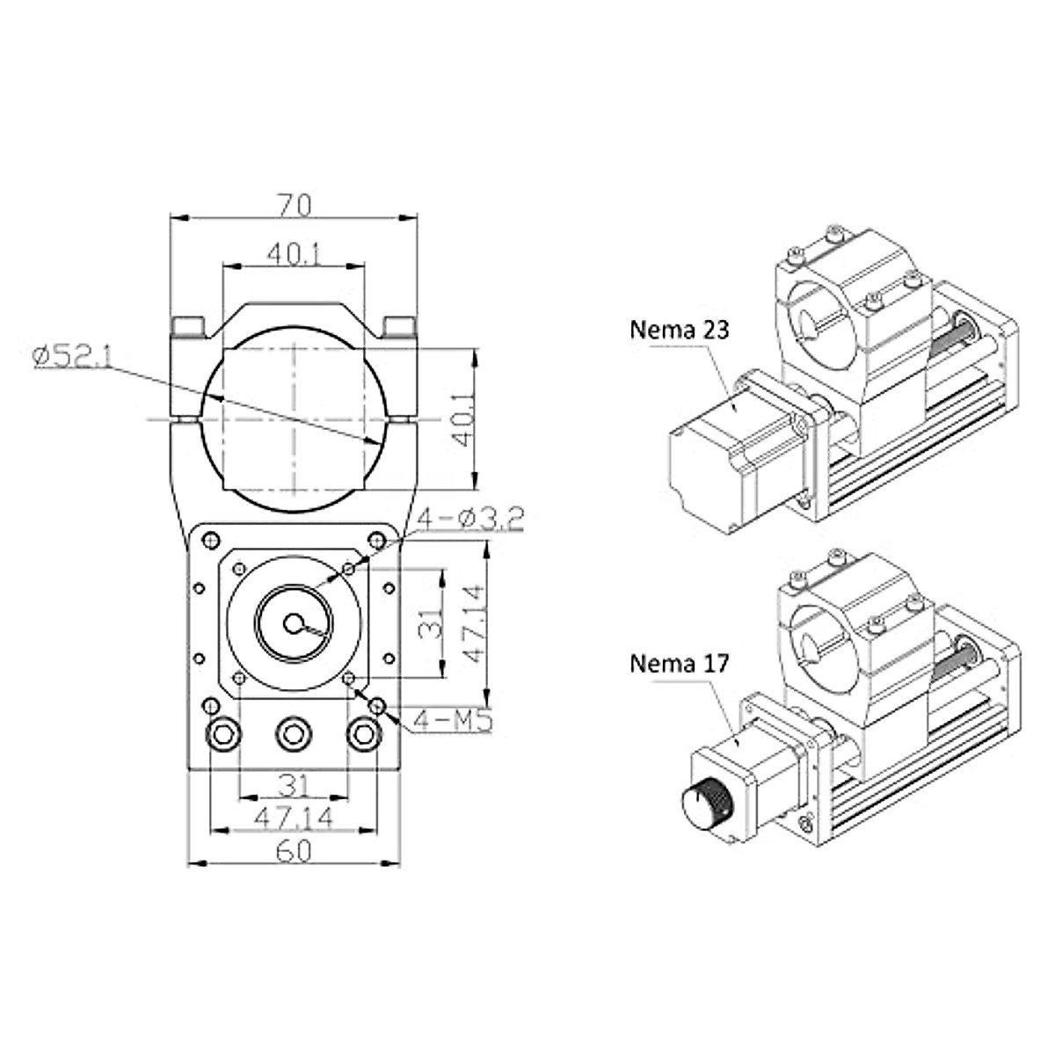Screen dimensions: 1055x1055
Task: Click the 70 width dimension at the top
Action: point(295,205)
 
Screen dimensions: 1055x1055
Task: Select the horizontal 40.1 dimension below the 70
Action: point(295,254)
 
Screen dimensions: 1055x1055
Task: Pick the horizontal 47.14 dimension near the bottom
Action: point(295,818)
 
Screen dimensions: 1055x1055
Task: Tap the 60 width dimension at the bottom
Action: point(295,851)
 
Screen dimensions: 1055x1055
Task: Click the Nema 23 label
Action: point(679,330)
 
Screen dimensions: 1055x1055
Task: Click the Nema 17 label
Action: point(679,663)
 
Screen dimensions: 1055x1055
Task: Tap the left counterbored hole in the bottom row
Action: point(223,733)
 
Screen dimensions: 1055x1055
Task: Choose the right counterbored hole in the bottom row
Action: point(361,733)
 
